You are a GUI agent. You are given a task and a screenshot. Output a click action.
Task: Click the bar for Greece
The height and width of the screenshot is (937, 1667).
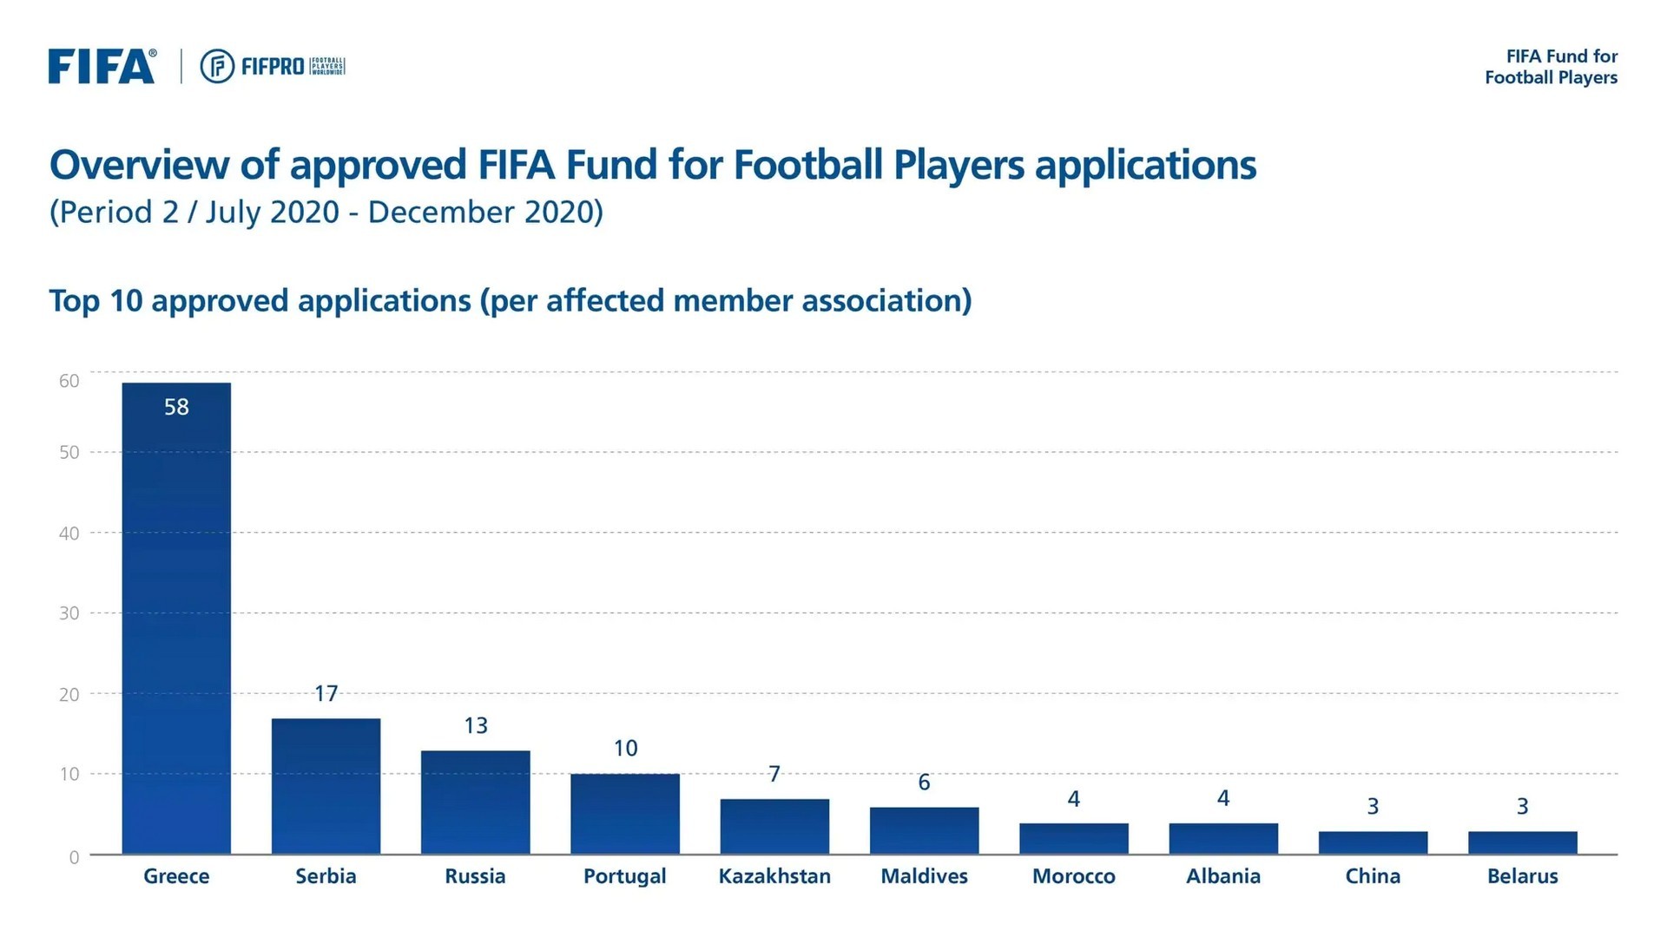(x=176, y=618)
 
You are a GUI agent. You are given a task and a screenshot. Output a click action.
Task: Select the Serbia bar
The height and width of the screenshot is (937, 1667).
(x=326, y=785)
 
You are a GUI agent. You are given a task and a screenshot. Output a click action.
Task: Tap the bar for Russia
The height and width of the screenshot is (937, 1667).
(x=475, y=802)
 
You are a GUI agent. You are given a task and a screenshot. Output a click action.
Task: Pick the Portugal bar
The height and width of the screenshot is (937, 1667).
(x=625, y=813)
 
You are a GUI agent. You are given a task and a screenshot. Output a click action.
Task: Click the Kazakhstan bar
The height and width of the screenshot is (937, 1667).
(x=774, y=826)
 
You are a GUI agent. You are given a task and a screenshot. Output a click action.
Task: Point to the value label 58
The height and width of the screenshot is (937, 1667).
(x=176, y=407)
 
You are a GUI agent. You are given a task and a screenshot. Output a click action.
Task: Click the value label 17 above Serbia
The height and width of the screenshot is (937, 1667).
(x=326, y=693)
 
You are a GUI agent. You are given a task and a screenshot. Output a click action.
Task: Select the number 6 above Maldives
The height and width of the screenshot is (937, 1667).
(x=924, y=783)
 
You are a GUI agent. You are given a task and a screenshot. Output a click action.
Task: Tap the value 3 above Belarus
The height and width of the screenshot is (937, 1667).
(x=1522, y=806)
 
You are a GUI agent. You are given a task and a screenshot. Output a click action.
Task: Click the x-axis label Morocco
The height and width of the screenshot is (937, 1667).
(x=1073, y=876)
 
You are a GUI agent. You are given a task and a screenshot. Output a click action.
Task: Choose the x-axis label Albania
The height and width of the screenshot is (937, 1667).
(x=1222, y=876)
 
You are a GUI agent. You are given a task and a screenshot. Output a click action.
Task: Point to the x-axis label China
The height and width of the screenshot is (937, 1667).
(x=1373, y=876)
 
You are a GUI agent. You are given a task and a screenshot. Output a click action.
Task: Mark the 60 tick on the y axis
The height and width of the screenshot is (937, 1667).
(x=69, y=381)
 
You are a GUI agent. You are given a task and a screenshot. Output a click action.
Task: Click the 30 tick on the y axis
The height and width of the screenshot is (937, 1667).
(x=69, y=613)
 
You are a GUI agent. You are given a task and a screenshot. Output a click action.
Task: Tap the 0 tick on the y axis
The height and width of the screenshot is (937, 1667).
(x=74, y=857)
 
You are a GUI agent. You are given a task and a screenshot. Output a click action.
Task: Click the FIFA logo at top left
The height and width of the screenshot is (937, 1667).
(x=102, y=67)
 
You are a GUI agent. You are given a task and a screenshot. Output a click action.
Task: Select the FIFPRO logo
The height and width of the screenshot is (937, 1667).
(x=273, y=67)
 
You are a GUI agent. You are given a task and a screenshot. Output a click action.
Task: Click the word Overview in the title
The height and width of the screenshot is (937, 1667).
(x=139, y=165)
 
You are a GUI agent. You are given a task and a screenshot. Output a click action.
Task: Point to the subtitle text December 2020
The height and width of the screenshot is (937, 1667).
(x=484, y=212)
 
